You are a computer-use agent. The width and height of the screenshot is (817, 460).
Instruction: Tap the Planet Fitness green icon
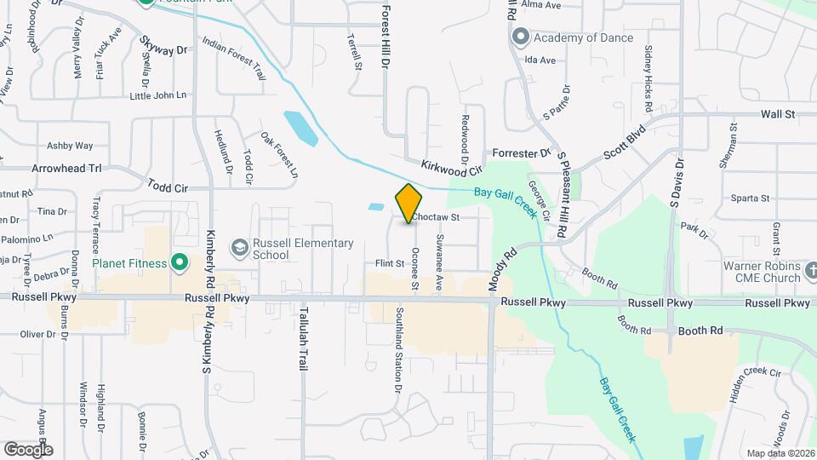(179, 263)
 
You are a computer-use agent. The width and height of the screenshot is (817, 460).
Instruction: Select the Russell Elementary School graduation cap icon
(239, 248)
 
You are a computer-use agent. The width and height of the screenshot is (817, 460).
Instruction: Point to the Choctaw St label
(437, 218)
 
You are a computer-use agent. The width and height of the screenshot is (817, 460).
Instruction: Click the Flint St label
(389, 264)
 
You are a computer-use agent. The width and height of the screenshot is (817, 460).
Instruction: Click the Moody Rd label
(504, 268)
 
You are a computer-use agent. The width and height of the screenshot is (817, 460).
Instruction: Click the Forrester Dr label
(523, 153)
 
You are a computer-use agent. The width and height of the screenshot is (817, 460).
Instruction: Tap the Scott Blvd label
(625, 143)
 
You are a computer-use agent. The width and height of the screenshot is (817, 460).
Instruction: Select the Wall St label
(777, 113)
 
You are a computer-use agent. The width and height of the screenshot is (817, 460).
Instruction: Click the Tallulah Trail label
(302, 338)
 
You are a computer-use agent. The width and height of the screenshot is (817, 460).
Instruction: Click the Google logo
(28, 449)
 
